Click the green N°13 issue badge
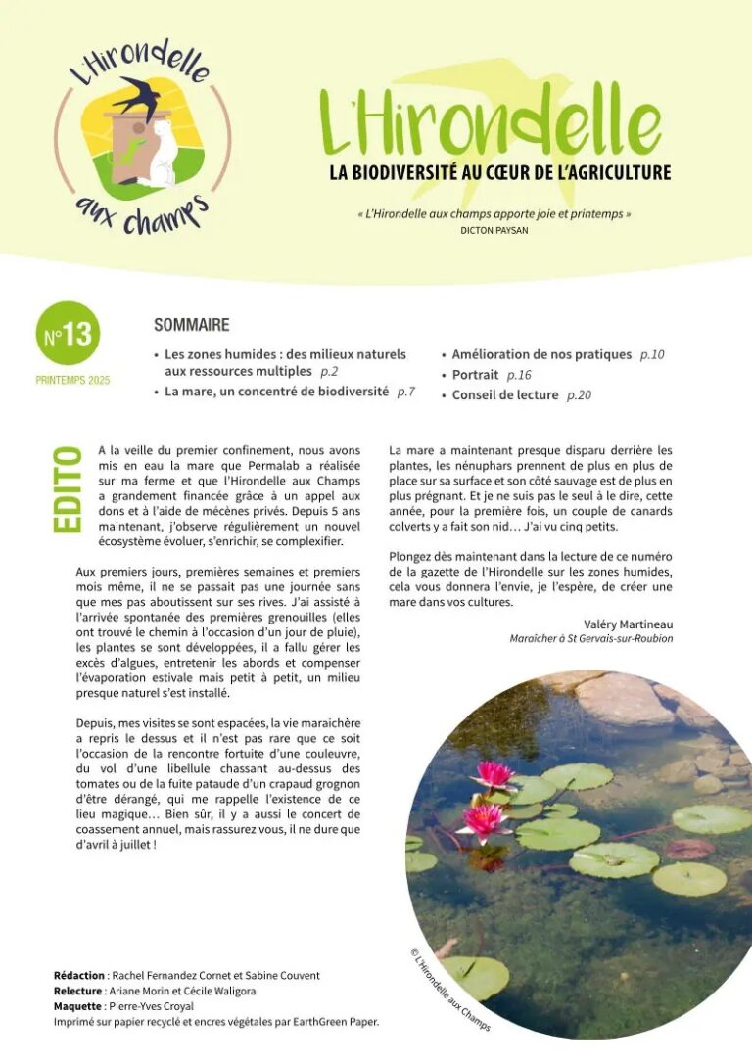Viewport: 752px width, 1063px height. click(x=68, y=335)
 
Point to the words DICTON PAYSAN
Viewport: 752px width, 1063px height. click(x=494, y=231)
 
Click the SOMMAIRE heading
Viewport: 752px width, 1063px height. click(x=192, y=325)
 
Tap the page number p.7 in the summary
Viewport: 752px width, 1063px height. click(x=406, y=392)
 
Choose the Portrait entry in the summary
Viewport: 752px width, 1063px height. click(x=475, y=375)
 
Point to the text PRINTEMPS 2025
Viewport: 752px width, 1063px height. click(x=72, y=380)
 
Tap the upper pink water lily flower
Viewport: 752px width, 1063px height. click(x=493, y=775)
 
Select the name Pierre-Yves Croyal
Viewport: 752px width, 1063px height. click(x=153, y=1005)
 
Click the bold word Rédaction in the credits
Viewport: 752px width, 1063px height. click(x=79, y=976)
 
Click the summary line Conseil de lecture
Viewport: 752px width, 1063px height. click(x=505, y=395)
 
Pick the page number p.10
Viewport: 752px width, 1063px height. click(x=652, y=354)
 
